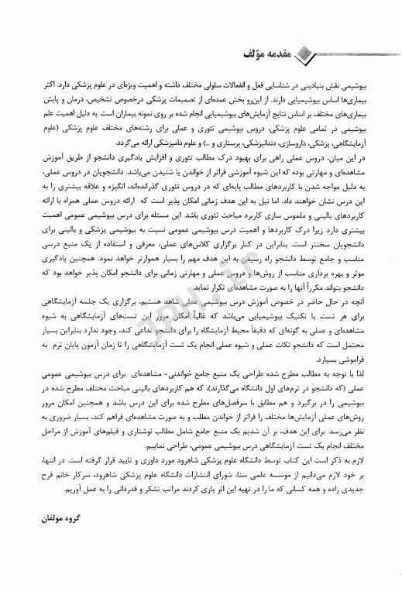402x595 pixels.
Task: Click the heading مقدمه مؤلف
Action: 340,53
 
